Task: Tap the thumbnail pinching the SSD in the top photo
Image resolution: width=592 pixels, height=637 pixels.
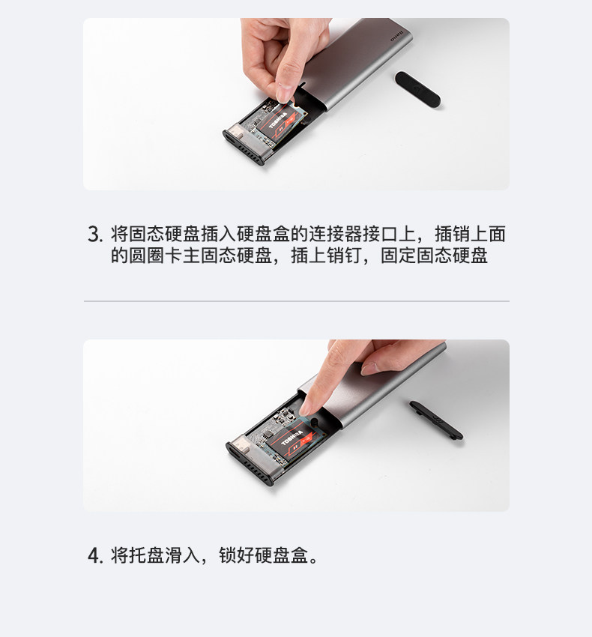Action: point(284,93)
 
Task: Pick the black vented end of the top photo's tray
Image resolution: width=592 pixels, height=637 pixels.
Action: point(244,150)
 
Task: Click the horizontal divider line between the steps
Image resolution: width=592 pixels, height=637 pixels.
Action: point(296,301)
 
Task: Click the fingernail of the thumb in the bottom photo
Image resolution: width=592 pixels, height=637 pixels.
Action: point(372,368)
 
